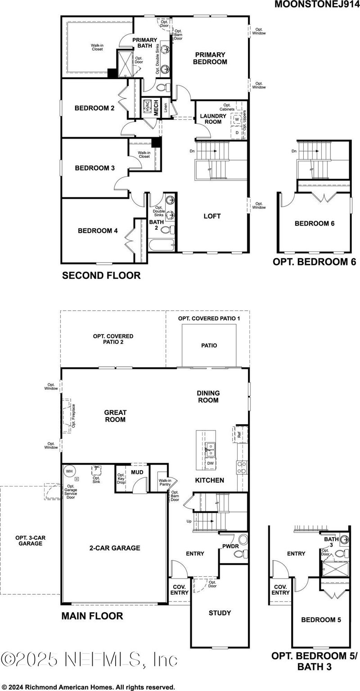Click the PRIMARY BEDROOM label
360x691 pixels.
210,58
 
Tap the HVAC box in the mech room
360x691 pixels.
147,107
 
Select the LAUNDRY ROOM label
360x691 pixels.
213,119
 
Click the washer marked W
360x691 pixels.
237,120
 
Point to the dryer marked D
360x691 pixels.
237,133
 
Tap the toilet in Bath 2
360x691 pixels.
166,230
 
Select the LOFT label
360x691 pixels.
212,216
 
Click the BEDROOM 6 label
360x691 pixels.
315,223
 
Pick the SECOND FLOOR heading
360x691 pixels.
101,275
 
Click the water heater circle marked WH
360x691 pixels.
69,471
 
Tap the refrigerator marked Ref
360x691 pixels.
240,435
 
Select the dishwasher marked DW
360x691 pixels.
210,463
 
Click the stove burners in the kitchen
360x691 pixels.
241,467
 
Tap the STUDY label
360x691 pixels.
220,613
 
